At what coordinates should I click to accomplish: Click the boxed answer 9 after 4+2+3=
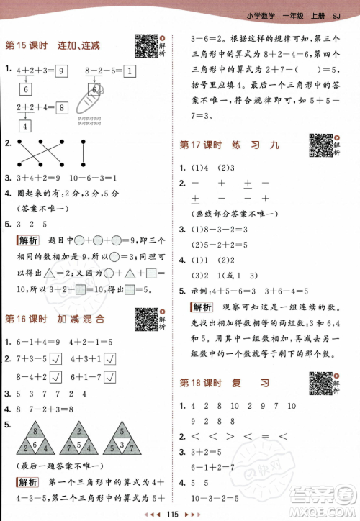coord(61,71)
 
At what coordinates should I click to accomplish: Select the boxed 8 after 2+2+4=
coord(62,108)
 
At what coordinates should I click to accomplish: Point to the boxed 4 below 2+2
coord(24,125)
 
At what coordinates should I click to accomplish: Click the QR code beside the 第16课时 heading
coord(147,319)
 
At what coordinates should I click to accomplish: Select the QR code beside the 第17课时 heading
coord(322,145)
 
